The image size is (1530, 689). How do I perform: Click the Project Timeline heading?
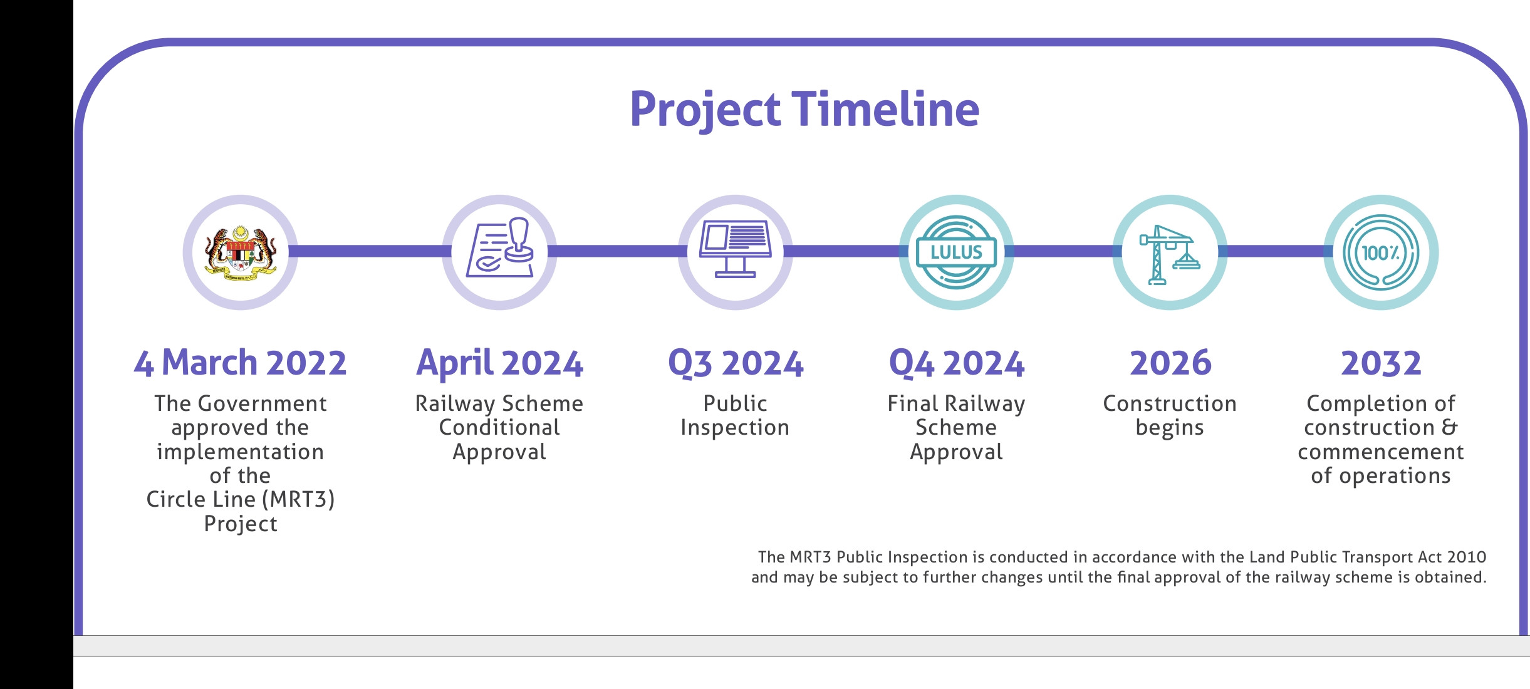804,110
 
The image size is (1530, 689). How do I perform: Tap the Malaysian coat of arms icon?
241,253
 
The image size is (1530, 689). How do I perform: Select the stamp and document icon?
500,248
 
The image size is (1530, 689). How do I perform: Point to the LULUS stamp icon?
956,252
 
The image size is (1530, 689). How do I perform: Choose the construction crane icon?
1170,254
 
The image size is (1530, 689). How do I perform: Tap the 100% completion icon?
1381,252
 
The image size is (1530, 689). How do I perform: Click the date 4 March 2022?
240,363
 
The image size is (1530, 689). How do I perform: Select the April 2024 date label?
500,364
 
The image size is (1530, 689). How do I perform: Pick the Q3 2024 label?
736,364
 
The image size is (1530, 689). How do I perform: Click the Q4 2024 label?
957,364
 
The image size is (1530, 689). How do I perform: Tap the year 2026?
1170,363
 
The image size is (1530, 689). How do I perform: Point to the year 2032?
1381,363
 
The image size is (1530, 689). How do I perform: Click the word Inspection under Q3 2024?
735,428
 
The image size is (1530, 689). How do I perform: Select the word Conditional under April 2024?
499,427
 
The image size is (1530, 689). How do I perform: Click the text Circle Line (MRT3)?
241,500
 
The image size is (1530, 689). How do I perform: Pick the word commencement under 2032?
1381,452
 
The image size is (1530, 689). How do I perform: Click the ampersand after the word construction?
1450,427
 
